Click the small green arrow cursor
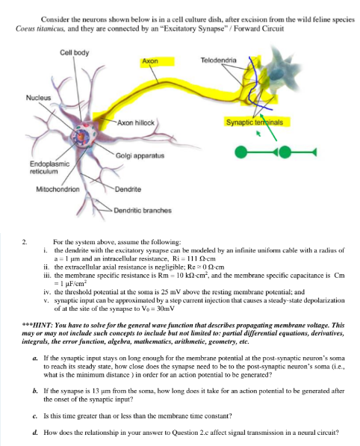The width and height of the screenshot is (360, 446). pyautogui.click(x=258, y=137)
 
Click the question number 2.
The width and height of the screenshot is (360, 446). pyautogui.click(x=25, y=242)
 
